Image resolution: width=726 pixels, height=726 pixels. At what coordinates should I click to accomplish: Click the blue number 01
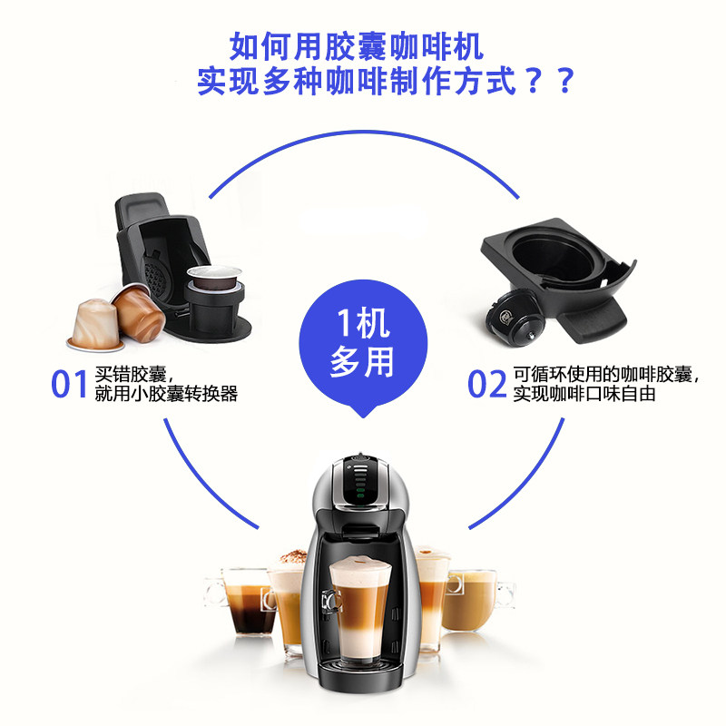[x=69, y=384]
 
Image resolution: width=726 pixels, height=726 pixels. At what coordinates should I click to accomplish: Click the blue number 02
[x=487, y=384]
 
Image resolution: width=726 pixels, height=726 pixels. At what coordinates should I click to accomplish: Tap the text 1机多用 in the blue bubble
[x=362, y=342]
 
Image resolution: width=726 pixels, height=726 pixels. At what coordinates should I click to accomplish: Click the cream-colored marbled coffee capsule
[x=95, y=325]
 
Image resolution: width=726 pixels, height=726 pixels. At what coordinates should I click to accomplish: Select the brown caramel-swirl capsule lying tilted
[x=138, y=312]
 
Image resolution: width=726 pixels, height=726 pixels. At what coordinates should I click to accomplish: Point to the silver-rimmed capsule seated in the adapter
[x=214, y=277]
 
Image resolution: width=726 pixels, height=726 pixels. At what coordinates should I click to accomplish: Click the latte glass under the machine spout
[x=358, y=610]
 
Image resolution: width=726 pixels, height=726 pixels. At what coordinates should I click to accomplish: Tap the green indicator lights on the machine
[x=359, y=493]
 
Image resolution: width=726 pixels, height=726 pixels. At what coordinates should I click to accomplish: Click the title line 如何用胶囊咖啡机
[x=357, y=47]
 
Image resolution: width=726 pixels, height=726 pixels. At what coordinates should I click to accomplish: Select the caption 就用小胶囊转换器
[x=166, y=394]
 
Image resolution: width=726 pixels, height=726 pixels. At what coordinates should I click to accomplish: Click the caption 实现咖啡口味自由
[x=584, y=394]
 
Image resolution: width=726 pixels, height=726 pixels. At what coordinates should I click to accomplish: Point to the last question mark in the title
[x=565, y=81]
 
